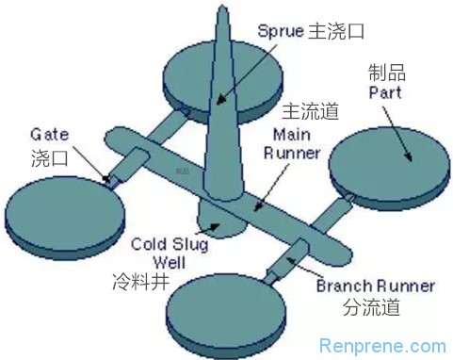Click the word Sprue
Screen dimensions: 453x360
click(281, 31)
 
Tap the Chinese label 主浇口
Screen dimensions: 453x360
click(335, 31)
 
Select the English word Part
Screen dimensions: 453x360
click(385, 92)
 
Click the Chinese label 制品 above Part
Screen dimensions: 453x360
click(387, 73)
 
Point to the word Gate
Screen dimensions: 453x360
click(49, 135)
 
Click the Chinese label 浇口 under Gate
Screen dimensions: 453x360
click(50, 156)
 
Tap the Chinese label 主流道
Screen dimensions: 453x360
click(310, 111)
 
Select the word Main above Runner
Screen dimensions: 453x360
click(292, 135)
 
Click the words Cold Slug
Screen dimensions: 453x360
click(170, 244)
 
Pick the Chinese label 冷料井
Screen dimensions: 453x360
click(141, 281)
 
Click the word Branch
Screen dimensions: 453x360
click(345, 286)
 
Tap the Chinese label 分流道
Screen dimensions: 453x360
click(371, 306)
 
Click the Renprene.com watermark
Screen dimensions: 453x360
click(382, 346)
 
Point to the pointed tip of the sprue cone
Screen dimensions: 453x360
click(222, 6)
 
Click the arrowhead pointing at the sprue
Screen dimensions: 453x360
click(220, 99)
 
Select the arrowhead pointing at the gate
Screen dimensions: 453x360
click(106, 178)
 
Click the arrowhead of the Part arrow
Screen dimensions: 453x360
click(409, 157)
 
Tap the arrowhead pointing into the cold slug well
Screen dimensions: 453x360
click(216, 227)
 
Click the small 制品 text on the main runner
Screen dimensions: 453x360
click(183, 172)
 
